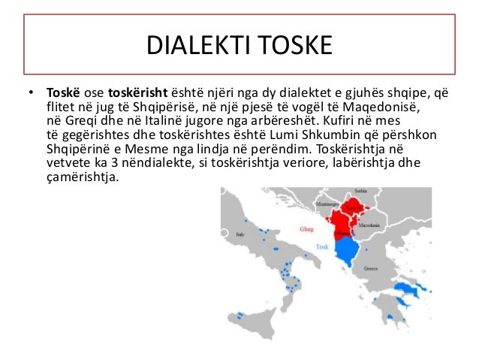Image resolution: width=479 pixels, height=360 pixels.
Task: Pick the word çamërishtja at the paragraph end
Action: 82,177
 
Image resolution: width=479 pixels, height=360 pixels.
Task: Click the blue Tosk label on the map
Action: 322,247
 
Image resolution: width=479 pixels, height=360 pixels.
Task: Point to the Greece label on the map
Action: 370,268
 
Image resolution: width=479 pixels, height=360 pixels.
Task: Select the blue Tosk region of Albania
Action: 347,252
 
